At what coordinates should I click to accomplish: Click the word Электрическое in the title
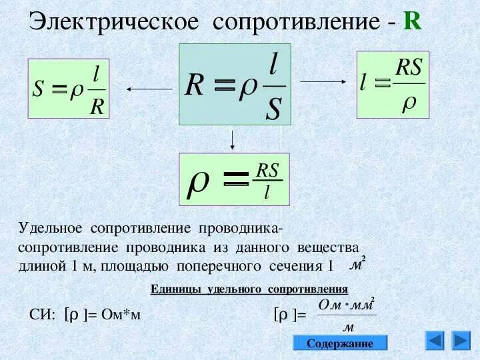click(x=114, y=21)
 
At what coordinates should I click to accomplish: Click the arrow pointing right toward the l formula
click(x=323, y=81)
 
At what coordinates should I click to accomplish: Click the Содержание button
click(x=340, y=343)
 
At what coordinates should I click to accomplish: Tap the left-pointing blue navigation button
click(x=435, y=341)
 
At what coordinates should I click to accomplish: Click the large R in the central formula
click(x=195, y=85)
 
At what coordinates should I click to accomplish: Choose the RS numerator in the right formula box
click(x=409, y=66)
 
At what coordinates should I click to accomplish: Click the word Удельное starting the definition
click(x=50, y=229)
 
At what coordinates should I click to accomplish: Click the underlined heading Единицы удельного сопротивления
click(x=250, y=289)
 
